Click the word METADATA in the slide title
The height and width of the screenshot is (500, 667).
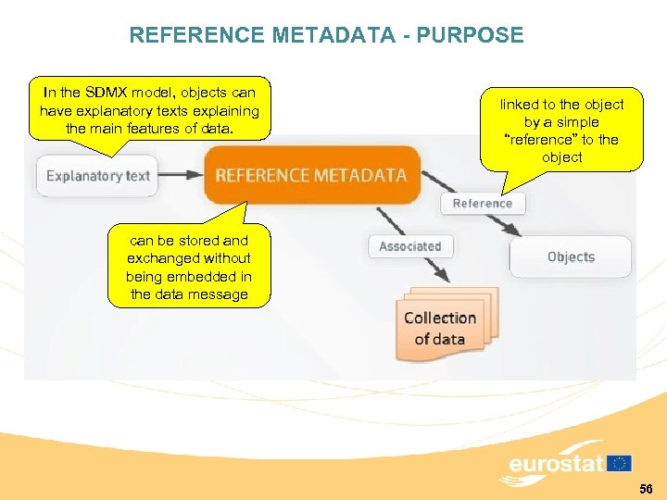pyautogui.click(x=340, y=36)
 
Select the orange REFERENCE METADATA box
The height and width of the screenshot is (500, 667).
pyautogui.click(x=311, y=175)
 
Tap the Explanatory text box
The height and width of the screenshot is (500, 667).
pyautogui.click(x=97, y=175)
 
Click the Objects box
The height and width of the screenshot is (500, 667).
pyautogui.click(x=571, y=256)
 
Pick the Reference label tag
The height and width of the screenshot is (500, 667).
pyautogui.click(x=482, y=203)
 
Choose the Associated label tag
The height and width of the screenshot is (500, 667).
pyautogui.click(x=409, y=246)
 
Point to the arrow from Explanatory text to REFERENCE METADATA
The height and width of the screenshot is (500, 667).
pyautogui.click(x=181, y=175)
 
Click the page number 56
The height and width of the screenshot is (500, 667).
pyautogui.click(x=646, y=488)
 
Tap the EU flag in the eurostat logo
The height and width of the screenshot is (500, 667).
pyautogui.click(x=620, y=463)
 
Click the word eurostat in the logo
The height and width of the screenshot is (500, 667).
pyautogui.click(x=556, y=464)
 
